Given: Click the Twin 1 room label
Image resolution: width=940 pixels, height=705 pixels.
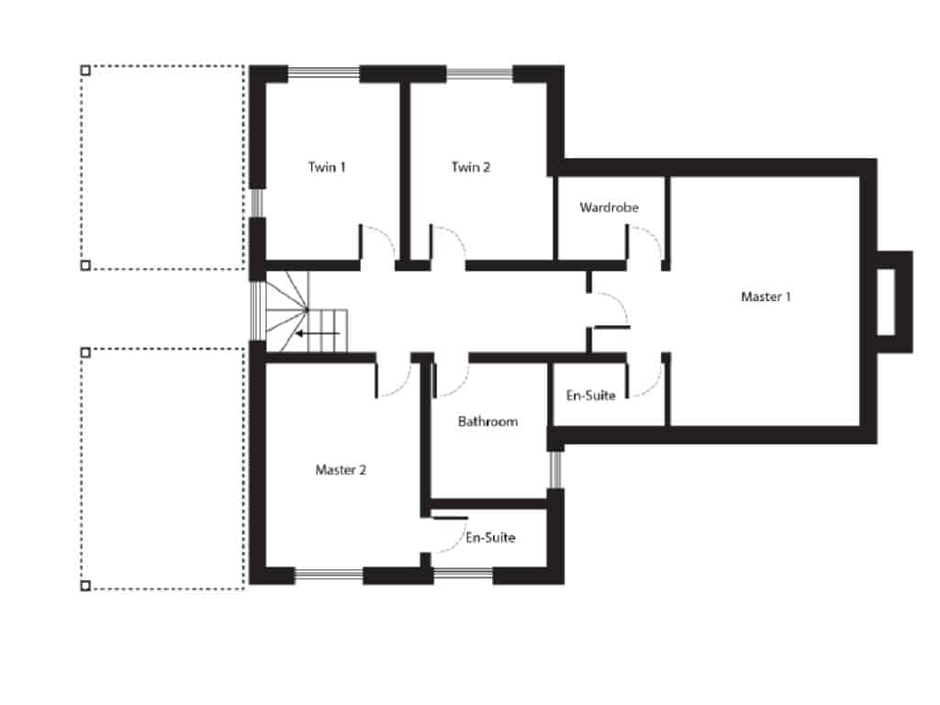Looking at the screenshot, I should coord(327,167).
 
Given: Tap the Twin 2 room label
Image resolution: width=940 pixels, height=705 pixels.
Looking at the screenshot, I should coord(471,167).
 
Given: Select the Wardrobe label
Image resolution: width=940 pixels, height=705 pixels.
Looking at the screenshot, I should coord(609,207).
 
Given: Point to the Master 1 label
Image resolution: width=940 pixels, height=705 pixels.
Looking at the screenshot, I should coord(766,297).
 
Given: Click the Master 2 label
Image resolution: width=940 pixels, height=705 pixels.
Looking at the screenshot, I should coord(341,469).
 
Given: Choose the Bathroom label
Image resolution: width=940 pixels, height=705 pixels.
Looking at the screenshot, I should coord(487,421).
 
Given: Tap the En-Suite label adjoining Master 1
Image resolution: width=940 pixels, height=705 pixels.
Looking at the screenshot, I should coord(590,395).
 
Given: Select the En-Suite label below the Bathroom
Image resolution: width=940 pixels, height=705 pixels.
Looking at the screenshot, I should coord(490,537).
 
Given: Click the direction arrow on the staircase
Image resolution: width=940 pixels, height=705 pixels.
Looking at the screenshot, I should coord(321,333).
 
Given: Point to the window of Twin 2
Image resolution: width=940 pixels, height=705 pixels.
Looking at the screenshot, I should coord(478,73).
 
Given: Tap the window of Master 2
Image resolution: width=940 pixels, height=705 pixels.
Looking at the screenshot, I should coord(328,576).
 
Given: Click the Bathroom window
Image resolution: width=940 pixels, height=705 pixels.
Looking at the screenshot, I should coord(554,470).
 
